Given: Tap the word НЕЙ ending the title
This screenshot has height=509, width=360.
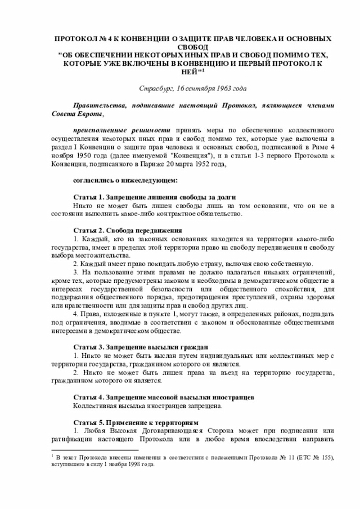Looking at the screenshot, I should click(x=187, y=71).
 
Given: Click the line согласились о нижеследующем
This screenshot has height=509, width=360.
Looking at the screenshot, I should click(x=125, y=181).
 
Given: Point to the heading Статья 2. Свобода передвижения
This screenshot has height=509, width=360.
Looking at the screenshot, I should click(x=128, y=230).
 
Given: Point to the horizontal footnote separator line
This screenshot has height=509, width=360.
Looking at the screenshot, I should click(x=91, y=450).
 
